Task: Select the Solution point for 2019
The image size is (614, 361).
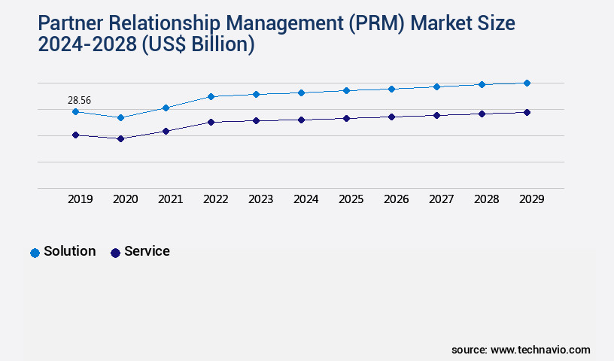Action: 75,111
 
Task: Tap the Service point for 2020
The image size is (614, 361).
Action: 120,138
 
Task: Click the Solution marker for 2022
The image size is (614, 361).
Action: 211,96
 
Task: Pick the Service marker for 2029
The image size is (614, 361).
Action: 527,112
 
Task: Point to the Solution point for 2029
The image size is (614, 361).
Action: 527,83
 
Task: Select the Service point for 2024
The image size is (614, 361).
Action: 301,120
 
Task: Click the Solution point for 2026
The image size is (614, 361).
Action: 391,89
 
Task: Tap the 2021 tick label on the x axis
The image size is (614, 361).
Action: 170,199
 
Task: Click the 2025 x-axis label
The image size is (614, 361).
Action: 351,199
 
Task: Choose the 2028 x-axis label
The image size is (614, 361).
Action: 486,199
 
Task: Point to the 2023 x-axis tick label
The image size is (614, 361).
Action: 260,199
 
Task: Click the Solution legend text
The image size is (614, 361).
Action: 70,251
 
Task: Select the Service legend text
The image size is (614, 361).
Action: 147,251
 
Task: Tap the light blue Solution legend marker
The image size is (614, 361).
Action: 35,253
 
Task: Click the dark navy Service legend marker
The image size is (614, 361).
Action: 115,253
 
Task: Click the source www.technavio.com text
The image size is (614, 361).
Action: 521,350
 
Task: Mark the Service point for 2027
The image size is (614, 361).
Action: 436,115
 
